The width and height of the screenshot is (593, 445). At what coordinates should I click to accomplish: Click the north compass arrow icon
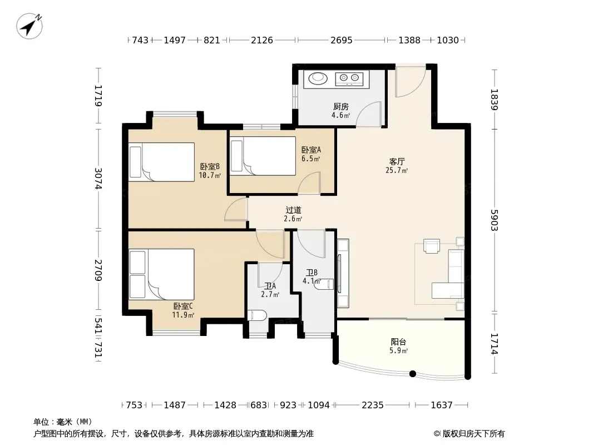[x=29, y=26]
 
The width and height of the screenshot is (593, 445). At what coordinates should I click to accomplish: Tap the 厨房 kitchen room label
[x=341, y=107]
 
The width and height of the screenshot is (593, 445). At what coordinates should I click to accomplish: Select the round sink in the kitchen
[x=318, y=78]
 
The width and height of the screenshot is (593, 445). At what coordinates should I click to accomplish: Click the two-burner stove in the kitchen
[x=349, y=78]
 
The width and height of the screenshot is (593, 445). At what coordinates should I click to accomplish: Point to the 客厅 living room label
[x=397, y=161]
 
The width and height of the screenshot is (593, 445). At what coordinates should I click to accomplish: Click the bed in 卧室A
[x=263, y=156]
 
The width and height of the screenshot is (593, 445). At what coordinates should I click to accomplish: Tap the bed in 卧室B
[x=161, y=162]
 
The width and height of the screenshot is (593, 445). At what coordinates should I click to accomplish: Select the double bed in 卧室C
[x=161, y=274]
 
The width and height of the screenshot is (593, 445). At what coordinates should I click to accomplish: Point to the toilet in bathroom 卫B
[x=324, y=284]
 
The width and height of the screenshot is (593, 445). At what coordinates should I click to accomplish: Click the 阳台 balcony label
[x=398, y=342]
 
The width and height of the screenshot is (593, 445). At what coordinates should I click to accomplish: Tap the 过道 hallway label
[x=293, y=210]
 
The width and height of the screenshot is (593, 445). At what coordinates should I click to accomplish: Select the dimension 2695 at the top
[x=341, y=40]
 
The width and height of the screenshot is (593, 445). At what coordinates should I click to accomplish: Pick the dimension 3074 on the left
[x=98, y=179]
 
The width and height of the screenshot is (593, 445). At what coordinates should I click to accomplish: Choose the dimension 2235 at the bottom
[x=373, y=405]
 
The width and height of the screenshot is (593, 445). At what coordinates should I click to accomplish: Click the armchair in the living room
[x=432, y=246]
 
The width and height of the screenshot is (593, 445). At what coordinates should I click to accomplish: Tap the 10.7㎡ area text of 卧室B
[x=210, y=175]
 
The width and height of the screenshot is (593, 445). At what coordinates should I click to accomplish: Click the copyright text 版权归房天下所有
[x=473, y=434]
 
